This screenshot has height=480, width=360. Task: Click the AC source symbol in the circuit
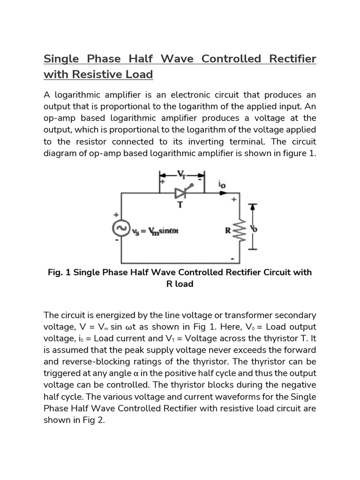coord(120,229)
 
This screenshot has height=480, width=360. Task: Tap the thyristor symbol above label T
coord(181,193)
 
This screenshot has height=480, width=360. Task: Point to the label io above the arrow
coord(222,185)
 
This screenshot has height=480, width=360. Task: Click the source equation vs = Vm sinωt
coord(152,231)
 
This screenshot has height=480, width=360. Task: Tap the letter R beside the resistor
coord(228,230)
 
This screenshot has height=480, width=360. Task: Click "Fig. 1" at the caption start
coord(59,272)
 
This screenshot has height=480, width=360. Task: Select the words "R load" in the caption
coord(180,284)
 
